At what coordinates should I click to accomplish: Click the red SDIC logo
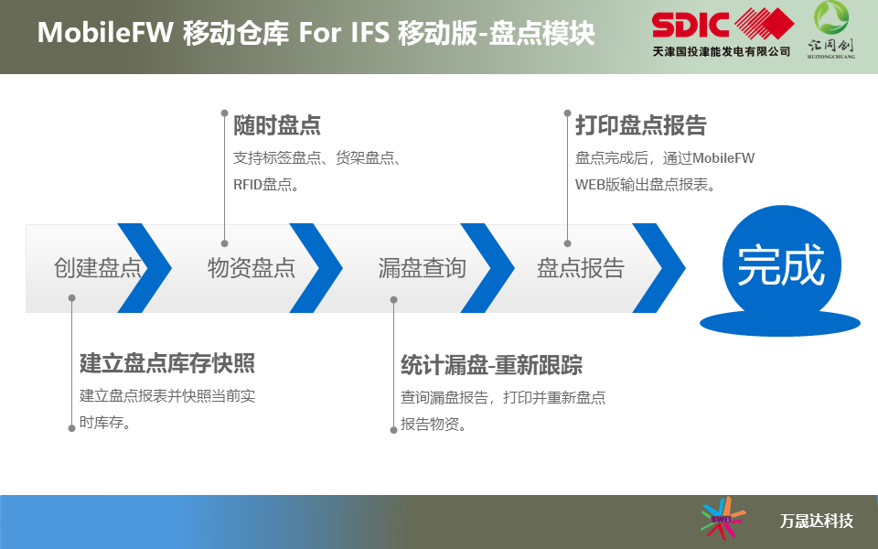(723, 25)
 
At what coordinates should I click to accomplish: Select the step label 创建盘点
(98, 268)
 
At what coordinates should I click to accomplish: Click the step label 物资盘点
(252, 268)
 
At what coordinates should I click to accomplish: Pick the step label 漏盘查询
(423, 268)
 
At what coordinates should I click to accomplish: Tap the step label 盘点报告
(581, 268)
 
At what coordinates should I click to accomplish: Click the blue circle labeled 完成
(782, 264)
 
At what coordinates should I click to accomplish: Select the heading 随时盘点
(277, 125)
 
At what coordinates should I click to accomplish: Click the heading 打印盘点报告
(641, 125)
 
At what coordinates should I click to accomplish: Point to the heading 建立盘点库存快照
(167, 363)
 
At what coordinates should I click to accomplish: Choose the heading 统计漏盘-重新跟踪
(492, 365)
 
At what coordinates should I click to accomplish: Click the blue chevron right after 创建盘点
(145, 268)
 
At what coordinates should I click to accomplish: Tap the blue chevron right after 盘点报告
(659, 268)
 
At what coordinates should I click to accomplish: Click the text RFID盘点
(262, 184)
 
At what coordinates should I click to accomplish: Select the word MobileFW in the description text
(723, 158)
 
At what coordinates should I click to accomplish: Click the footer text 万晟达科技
(817, 521)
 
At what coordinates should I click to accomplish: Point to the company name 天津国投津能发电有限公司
(722, 51)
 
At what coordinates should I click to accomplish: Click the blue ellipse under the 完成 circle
(780, 323)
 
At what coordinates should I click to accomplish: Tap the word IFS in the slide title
(370, 32)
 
